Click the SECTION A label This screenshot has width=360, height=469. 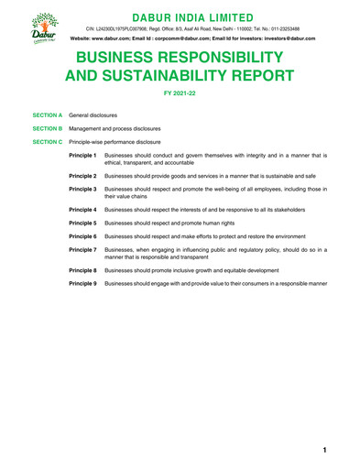click(x=47, y=116)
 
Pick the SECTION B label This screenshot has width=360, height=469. click(x=47, y=129)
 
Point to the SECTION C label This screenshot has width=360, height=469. click(x=47, y=143)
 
